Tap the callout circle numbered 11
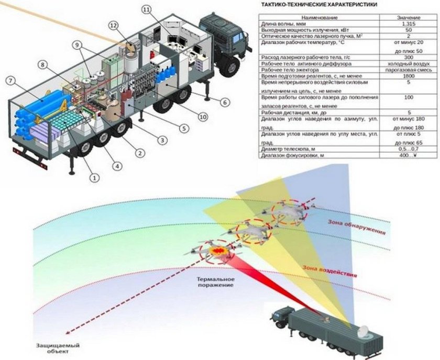click(x=146, y=10)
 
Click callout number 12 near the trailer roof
click(x=114, y=25)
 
